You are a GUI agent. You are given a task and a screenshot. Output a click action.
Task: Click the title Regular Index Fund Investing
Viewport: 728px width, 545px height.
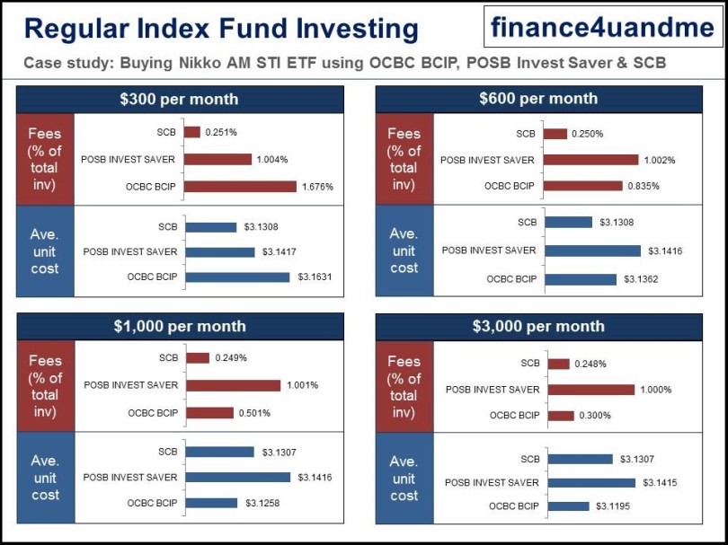(221, 29)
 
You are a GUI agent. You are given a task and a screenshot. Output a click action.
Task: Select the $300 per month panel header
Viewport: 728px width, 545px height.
(180, 99)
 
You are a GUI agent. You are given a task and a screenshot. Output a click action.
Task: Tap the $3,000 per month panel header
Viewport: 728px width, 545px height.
(538, 326)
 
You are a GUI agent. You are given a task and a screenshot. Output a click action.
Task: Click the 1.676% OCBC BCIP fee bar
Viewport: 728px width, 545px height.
(240, 187)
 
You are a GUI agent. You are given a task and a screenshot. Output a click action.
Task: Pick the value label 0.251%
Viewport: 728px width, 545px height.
(221, 133)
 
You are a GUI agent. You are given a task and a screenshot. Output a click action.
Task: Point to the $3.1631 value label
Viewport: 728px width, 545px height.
(315, 277)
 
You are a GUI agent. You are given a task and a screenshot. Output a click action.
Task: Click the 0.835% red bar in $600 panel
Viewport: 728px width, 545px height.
(583, 186)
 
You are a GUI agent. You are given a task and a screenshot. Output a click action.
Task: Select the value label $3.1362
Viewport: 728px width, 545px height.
(640, 279)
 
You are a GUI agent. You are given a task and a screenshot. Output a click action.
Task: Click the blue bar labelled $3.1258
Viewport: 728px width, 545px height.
(210, 504)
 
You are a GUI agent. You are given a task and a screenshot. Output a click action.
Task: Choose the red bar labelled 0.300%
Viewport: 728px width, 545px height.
(561, 416)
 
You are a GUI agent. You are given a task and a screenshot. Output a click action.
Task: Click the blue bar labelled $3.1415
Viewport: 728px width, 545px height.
(592, 483)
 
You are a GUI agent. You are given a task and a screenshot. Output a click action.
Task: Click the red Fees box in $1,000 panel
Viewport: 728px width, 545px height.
(45, 386)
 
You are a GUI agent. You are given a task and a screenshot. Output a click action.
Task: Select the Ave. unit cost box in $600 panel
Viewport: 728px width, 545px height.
(404, 251)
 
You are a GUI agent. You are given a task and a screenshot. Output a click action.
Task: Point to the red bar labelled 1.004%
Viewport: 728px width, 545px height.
(218, 160)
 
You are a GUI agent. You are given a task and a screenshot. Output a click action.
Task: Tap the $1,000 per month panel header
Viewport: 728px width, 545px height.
(180, 326)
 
